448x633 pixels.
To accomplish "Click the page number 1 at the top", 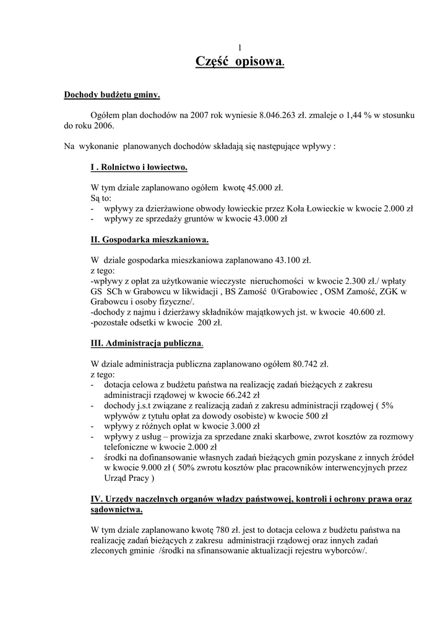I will point(240,48).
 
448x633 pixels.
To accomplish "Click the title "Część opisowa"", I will point(239,61).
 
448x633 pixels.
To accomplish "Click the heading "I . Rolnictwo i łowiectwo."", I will point(139,167).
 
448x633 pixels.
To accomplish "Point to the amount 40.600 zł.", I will point(366,312).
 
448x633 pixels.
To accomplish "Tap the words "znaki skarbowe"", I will point(283,436).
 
